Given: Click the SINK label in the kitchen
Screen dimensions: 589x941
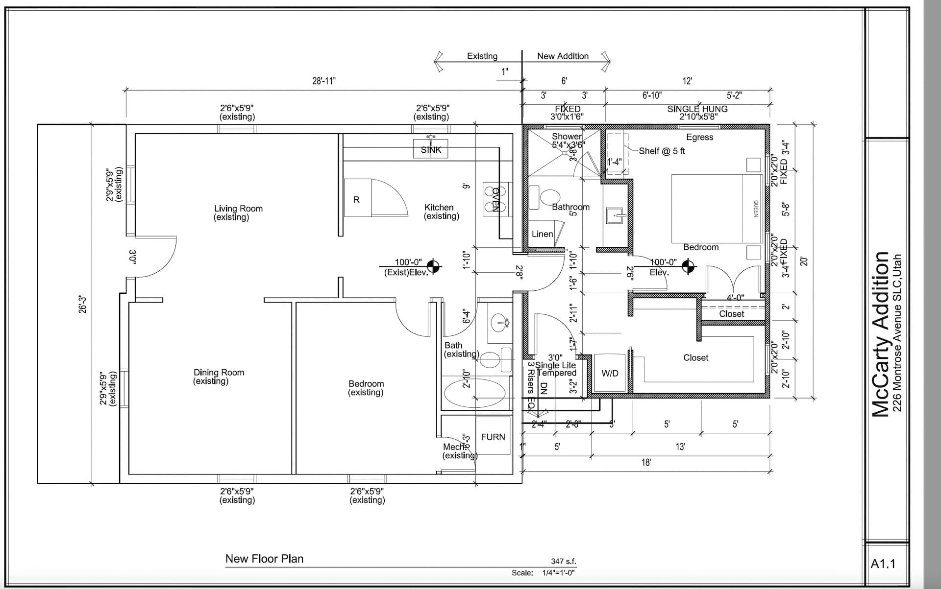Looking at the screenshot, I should pyautogui.click(x=431, y=150).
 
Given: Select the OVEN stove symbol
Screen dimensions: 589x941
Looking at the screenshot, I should pyautogui.click(x=495, y=199).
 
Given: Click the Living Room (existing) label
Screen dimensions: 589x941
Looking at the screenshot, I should pyautogui.click(x=238, y=212).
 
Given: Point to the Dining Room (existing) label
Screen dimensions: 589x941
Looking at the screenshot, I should pyautogui.click(x=218, y=377).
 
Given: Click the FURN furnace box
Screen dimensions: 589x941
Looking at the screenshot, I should pyautogui.click(x=493, y=437).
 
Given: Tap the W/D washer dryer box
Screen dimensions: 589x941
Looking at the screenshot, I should pyautogui.click(x=610, y=373).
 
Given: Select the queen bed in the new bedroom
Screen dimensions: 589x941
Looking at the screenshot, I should pyautogui.click(x=716, y=208).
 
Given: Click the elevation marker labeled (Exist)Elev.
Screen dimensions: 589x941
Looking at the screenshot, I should pyautogui.click(x=433, y=266).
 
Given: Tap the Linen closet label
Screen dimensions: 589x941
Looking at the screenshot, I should pyautogui.click(x=542, y=234).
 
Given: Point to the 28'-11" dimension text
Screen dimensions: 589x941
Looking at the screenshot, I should pyautogui.click(x=324, y=81).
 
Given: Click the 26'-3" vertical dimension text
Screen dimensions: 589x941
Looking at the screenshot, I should pyautogui.click(x=83, y=304).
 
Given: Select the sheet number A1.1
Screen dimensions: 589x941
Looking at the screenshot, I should pyautogui.click(x=883, y=564).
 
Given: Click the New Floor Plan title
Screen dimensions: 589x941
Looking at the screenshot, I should pyautogui.click(x=264, y=559).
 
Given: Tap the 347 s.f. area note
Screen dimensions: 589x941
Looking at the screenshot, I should pyautogui.click(x=563, y=562).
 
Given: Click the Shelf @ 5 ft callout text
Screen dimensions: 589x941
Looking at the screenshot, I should pyautogui.click(x=662, y=151).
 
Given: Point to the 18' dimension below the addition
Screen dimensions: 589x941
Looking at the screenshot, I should pyautogui.click(x=646, y=462).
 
